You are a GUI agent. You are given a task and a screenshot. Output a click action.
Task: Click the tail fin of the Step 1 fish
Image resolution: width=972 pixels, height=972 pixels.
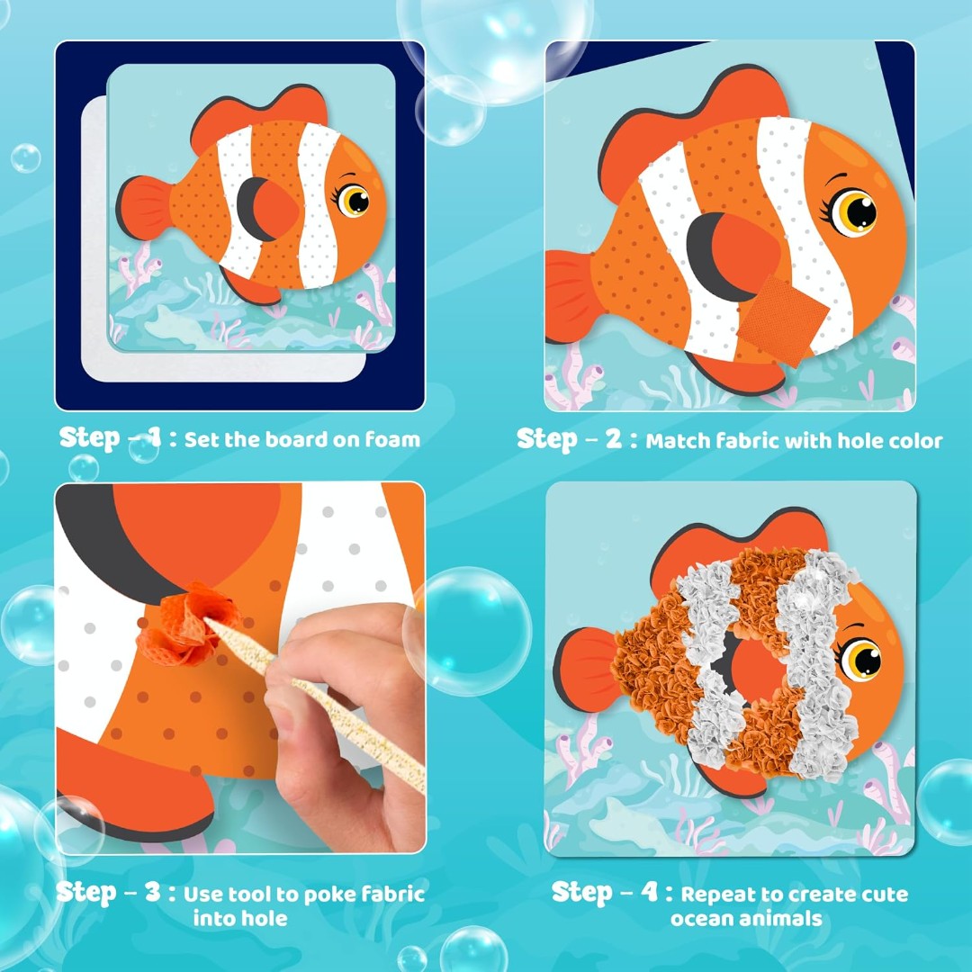coord(143,207)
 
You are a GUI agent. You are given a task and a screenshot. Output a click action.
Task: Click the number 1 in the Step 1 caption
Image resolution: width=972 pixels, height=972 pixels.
coord(155,438)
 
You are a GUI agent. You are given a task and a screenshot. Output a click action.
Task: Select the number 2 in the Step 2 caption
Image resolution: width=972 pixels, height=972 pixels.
coord(613,439)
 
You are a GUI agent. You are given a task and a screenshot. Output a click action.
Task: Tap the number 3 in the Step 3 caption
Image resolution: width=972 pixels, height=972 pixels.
coord(152,892)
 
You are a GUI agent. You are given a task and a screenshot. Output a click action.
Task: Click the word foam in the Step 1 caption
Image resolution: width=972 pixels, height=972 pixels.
coord(392,439)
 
